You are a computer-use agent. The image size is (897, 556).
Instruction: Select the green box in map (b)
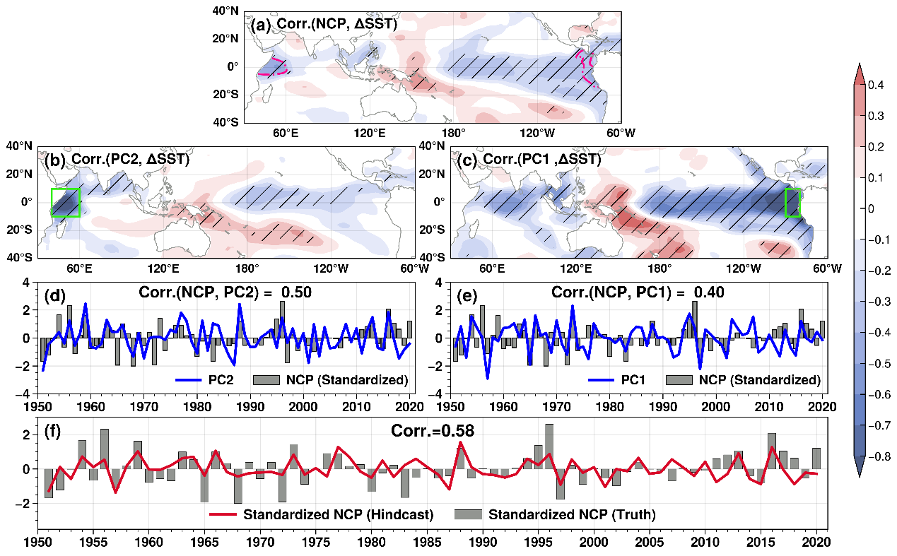pyautogui.click(x=65, y=202)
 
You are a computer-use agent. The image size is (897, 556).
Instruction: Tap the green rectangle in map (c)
pyautogui.click(x=792, y=202)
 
